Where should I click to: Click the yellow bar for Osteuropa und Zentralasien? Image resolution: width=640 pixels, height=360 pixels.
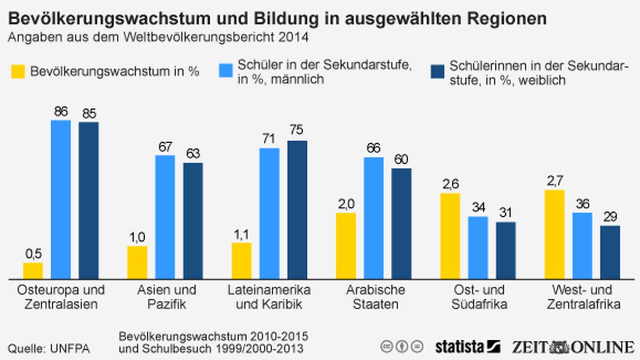coord(33,271)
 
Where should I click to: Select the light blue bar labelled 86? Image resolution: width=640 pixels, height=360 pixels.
coord(61,199)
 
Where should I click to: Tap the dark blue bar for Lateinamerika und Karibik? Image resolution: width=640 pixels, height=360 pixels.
coord(297,210)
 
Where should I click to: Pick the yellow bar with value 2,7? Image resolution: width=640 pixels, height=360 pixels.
coord(555,234)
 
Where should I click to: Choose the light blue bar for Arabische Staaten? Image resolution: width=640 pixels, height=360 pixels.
coord(374,218)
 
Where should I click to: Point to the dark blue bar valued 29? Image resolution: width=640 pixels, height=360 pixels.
coord(610,252)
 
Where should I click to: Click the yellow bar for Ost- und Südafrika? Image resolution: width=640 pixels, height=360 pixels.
coord(450,236)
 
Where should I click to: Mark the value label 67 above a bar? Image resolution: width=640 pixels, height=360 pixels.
coord(165,147)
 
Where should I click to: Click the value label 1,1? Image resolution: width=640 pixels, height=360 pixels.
coord(241,234)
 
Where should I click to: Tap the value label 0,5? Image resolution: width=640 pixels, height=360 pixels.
coord(33,254)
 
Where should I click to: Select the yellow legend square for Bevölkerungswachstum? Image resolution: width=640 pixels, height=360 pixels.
coord(17,71)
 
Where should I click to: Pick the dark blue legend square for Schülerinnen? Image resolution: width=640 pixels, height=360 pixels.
coord(437,71)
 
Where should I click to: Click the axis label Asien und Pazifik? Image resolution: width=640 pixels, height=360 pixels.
coord(166,296)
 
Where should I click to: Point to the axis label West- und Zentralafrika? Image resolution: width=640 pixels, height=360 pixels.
coord(583,296)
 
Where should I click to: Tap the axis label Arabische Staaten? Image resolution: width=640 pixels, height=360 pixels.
coord(375,296)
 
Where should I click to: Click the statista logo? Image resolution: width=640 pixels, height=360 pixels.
coord(468,346)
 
